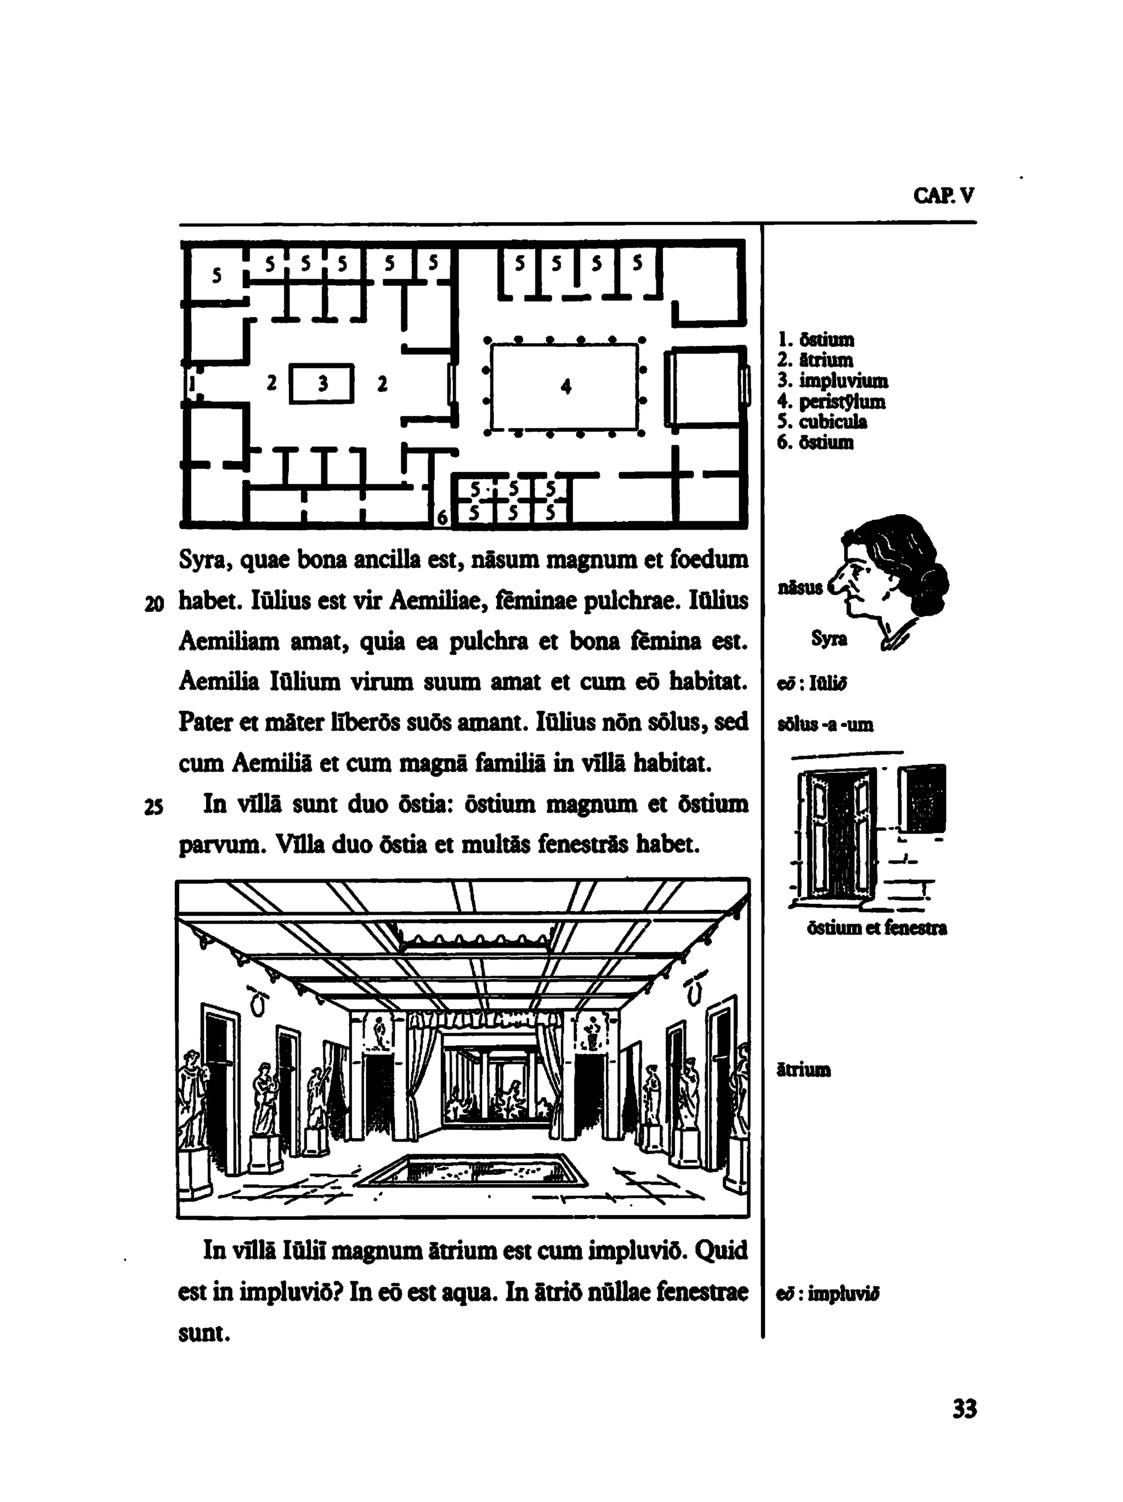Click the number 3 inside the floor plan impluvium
[323, 384]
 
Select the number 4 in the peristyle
[566, 386]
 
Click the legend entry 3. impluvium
[832, 380]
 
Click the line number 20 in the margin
[154, 603]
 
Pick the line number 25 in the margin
[154, 807]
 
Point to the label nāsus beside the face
[800, 587]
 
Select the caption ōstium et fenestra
[877, 927]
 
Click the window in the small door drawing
[923, 798]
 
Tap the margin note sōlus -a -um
[825, 724]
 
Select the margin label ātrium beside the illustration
[803, 1070]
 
